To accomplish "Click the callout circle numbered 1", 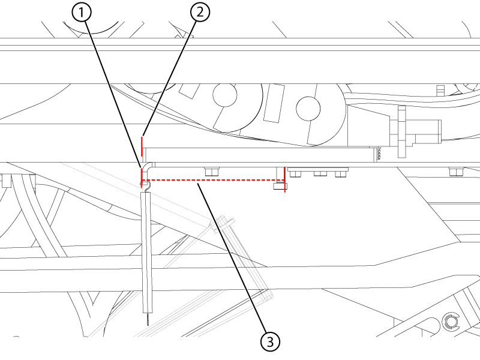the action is click(x=81, y=13).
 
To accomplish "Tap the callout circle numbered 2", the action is click(x=200, y=13).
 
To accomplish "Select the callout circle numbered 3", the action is click(x=270, y=341).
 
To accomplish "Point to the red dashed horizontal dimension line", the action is click(x=213, y=180).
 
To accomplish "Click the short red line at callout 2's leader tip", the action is click(x=142, y=146).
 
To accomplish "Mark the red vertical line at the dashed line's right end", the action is click(x=284, y=179).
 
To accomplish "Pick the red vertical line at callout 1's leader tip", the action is click(x=142, y=178).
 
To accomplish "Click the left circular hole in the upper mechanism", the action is click(x=225, y=95).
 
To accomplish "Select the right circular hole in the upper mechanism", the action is click(x=308, y=109).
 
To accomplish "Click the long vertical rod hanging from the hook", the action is click(x=147, y=253).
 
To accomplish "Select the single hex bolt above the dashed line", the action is click(x=212, y=172).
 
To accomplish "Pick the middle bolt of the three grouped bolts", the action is click(x=320, y=173).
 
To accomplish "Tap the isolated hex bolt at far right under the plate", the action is click(x=455, y=172).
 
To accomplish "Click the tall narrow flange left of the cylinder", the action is click(x=401, y=131).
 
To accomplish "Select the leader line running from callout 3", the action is click(x=230, y=258).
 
